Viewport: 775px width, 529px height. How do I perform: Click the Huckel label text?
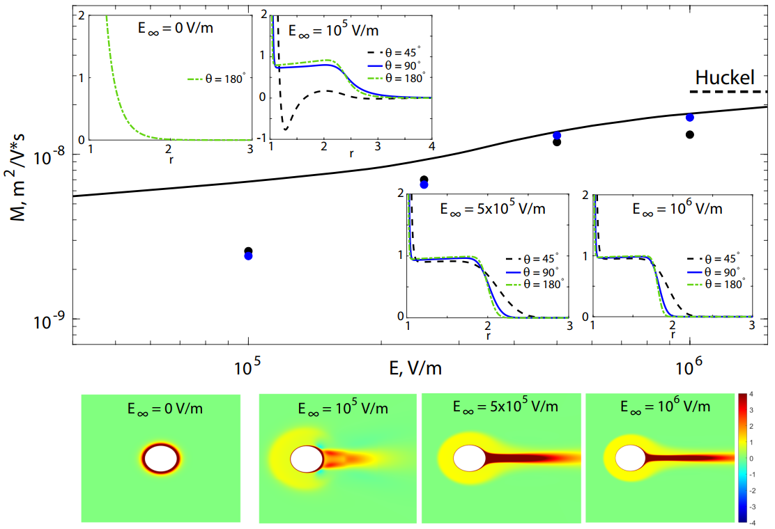coord(725,77)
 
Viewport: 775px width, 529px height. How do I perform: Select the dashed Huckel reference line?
coord(728,92)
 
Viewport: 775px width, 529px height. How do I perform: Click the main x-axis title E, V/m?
coord(415,368)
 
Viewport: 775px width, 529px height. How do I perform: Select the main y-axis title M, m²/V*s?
coord(18,177)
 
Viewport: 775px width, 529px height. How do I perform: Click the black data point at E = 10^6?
coord(690,135)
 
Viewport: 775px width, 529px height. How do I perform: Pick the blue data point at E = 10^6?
coord(690,118)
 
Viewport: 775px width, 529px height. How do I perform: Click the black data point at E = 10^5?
coord(248,251)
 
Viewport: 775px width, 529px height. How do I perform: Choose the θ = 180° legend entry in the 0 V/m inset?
coord(216,79)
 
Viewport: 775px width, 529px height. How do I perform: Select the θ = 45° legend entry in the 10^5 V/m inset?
coord(394,52)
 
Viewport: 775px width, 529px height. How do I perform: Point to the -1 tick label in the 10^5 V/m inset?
coord(263,138)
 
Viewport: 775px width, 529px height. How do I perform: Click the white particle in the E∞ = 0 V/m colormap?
coord(161,459)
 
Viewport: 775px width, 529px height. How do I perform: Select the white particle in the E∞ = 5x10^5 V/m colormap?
coord(470,458)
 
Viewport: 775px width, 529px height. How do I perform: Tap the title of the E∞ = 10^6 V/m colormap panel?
coord(666,406)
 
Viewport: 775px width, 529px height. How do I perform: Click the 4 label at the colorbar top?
coord(751,395)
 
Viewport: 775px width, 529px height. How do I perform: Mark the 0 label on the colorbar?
coord(751,459)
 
